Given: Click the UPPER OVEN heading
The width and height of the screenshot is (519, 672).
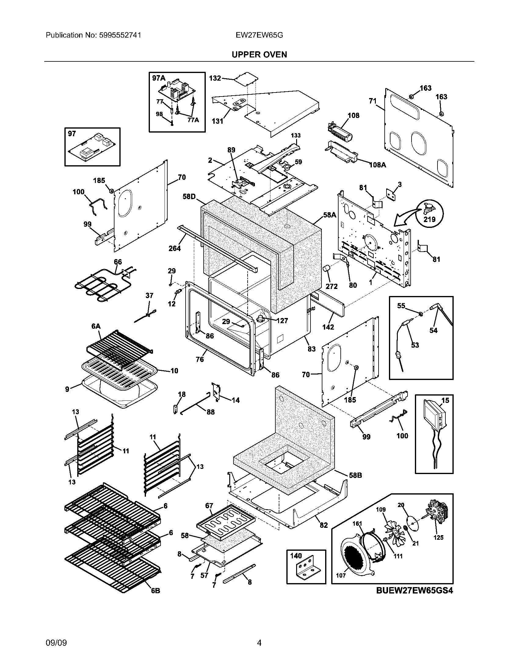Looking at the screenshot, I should click(x=259, y=54).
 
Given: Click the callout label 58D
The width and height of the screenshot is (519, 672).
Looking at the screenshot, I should click(x=189, y=196).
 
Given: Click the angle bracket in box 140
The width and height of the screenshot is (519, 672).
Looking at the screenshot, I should click(x=306, y=571).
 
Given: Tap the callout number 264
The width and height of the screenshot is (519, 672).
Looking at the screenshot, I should click(x=175, y=248).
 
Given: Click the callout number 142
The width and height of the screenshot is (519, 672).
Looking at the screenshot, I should click(x=328, y=327).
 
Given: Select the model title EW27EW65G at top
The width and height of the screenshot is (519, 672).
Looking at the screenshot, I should click(x=259, y=35).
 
